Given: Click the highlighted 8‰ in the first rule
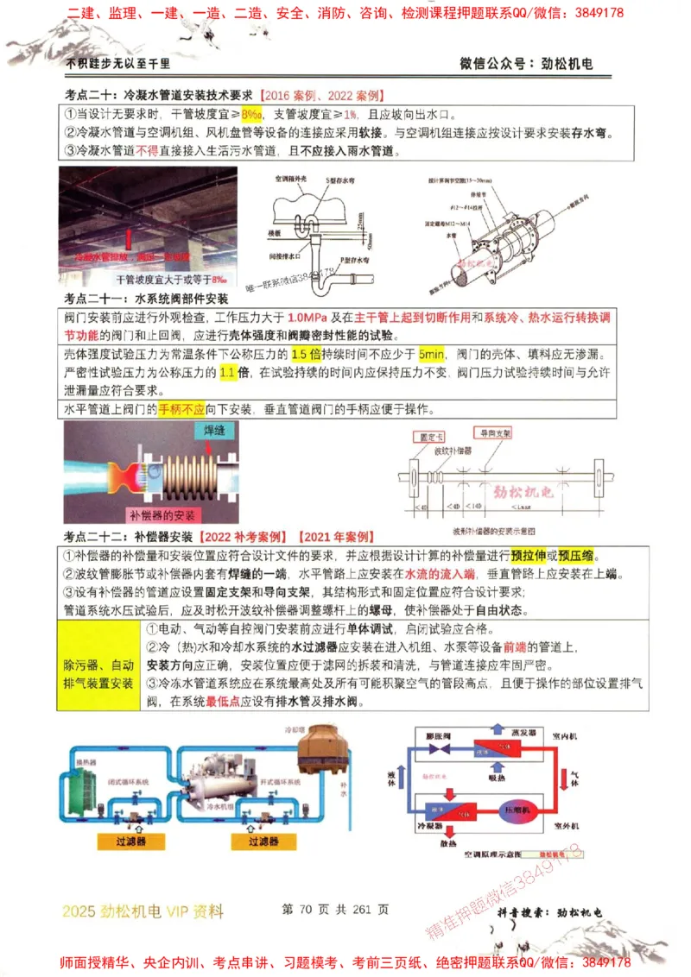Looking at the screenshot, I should (x=251, y=115).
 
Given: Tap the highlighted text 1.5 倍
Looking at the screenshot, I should (x=307, y=356).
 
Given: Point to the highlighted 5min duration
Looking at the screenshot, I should (x=430, y=356).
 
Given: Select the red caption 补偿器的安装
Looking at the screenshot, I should (x=162, y=515).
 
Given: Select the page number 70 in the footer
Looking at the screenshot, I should (x=307, y=909).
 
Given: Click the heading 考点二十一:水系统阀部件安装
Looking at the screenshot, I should (x=147, y=299).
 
